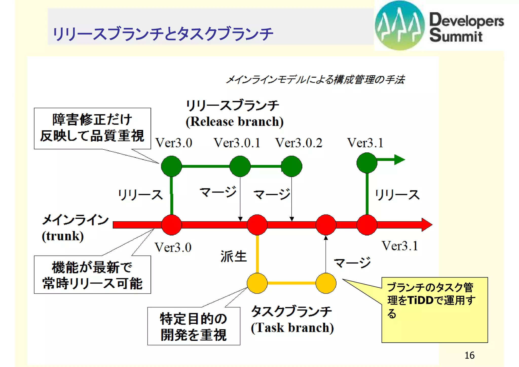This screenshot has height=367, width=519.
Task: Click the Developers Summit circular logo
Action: click(400, 25)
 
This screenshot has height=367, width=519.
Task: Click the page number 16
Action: click(469, 355)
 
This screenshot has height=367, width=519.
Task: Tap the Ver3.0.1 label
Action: click(237, 143)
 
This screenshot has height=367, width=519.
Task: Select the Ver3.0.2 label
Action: click(299, 143)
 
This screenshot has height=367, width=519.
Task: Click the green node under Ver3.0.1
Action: click(240, 166)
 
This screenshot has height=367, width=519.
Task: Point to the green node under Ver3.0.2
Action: click(291, 166)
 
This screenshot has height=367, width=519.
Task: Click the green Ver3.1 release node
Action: click(367, 163)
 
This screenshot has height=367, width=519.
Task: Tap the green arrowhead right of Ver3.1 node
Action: click(399, 160)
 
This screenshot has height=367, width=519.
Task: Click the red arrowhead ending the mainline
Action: click(427, 225)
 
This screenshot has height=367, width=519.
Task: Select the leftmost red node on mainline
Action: click(172, 225)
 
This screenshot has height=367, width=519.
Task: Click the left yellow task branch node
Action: click(257, 283)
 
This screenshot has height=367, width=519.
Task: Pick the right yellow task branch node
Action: click(326, 283)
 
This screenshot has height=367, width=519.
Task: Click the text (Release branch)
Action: click(234, 122)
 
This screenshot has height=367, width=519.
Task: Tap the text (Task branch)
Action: click(292, 328)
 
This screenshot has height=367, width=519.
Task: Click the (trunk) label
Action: click(63, 236)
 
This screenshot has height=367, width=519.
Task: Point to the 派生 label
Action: click(233, 256)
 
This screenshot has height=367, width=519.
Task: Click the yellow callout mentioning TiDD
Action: click(434, 310)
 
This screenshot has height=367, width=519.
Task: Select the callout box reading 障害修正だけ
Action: click(92, 128)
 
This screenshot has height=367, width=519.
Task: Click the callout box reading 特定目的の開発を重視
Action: click(194, 326)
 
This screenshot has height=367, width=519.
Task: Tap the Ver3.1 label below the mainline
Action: click(400, 246)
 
